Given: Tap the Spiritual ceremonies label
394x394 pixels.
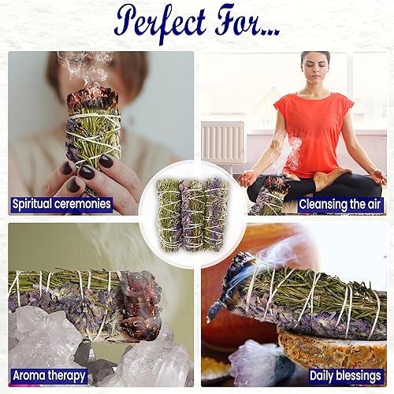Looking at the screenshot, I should point(61,204).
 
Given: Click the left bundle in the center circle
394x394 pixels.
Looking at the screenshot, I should point(169,214).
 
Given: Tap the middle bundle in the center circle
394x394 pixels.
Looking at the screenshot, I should point(193,214).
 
